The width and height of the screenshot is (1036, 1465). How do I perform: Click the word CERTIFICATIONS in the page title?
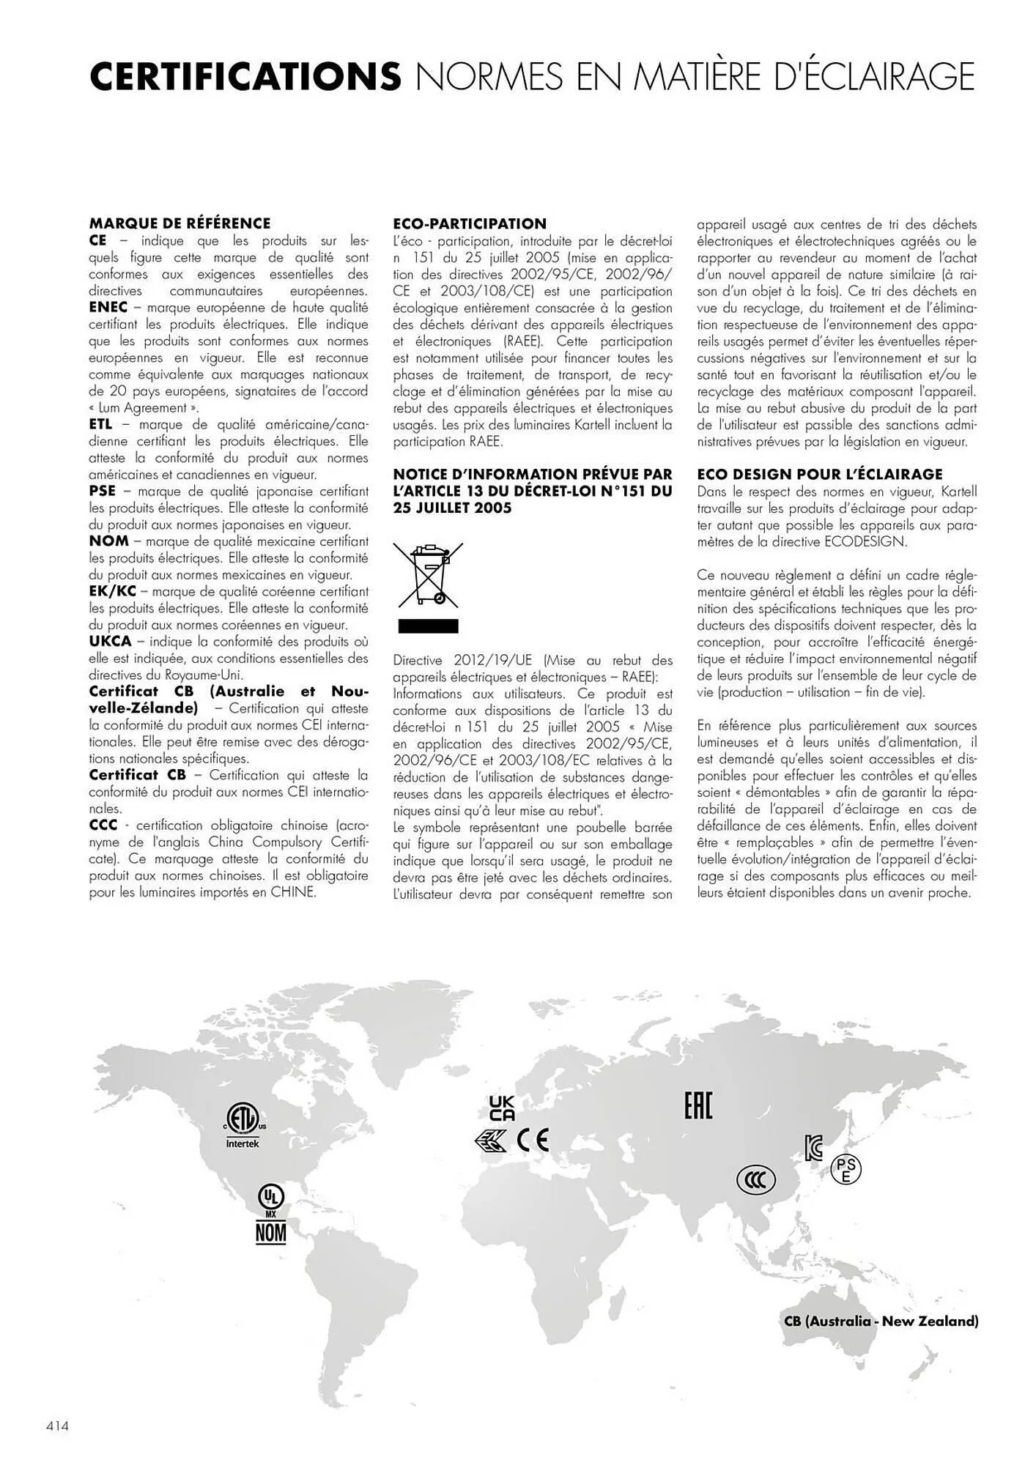[245, 77]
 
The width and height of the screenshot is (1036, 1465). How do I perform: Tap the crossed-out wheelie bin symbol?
[428, 575]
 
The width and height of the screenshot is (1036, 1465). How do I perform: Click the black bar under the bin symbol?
[428, 626]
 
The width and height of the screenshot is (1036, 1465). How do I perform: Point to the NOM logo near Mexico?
[270, 1233]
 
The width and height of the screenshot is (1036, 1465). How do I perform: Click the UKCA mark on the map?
[502, 1108]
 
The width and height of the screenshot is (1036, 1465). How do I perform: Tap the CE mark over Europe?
[532, 1141]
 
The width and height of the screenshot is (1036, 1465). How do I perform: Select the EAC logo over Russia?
[698, 1105]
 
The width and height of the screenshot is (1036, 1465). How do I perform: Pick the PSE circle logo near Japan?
[846, 1170]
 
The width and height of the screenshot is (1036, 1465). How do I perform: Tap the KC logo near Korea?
[813, 1148]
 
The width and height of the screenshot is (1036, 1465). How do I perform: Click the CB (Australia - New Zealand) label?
[881, 1321]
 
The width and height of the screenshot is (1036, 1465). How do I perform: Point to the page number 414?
[57, 1426]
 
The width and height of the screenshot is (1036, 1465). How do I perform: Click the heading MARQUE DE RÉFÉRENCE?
[180, 223]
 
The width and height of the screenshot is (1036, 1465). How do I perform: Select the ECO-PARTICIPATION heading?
[470, 223]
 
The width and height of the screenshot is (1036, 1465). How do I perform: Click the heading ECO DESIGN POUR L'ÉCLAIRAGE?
[820, 474]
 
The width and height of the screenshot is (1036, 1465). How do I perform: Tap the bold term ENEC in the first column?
[108, 308]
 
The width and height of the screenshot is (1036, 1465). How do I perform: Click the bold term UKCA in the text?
[110, 642]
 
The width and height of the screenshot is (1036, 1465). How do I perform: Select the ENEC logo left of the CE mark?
[491, 1141]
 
